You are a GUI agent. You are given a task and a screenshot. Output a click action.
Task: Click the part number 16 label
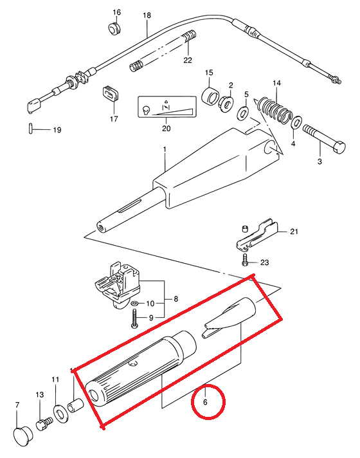(116, 12)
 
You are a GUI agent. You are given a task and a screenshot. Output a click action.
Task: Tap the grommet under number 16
(114, 28)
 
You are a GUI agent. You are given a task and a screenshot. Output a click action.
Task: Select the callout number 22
(188, 60)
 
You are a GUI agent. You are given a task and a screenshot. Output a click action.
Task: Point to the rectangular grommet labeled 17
(111, 93)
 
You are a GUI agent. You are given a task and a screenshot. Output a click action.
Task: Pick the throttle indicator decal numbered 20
(166, 106)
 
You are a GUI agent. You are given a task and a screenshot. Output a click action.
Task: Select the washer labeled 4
(297, 122)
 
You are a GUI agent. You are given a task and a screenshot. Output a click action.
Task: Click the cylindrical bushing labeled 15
(211, 96)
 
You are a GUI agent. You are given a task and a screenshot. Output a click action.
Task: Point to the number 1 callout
(165, 149)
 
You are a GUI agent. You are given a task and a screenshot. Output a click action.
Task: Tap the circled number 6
(205, 402)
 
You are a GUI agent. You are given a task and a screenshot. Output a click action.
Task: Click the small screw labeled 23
(245, 260)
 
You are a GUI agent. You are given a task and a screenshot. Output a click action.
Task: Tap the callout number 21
(294, 232)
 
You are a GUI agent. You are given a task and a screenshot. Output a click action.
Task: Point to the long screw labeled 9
(134, 318)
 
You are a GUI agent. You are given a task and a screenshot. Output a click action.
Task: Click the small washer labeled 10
(135, 304)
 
